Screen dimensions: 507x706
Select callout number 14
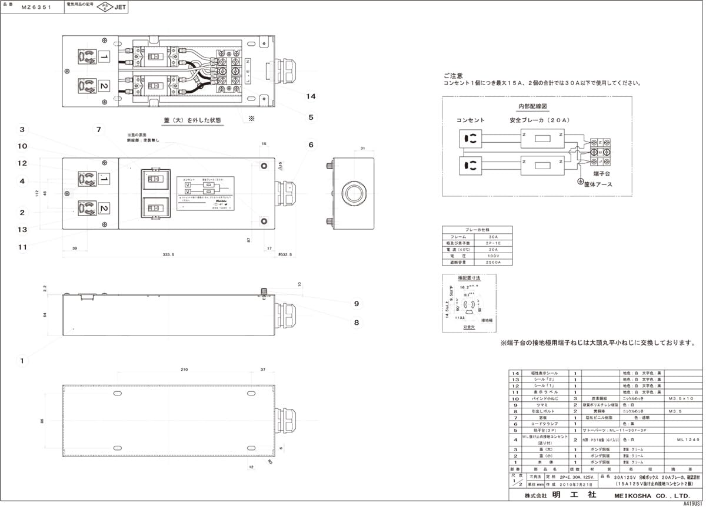click(x=311, y=96)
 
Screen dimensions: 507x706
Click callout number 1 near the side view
click(x=22, y=360)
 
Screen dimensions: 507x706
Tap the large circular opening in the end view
click(x=354, y=193)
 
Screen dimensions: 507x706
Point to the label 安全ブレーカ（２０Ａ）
click(x=540, y=120)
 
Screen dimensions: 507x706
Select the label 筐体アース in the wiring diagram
click(x=600, y=184)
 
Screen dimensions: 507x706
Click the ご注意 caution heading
click(x=453, y=76)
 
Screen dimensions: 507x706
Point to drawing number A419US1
click(x=692, y=503)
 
